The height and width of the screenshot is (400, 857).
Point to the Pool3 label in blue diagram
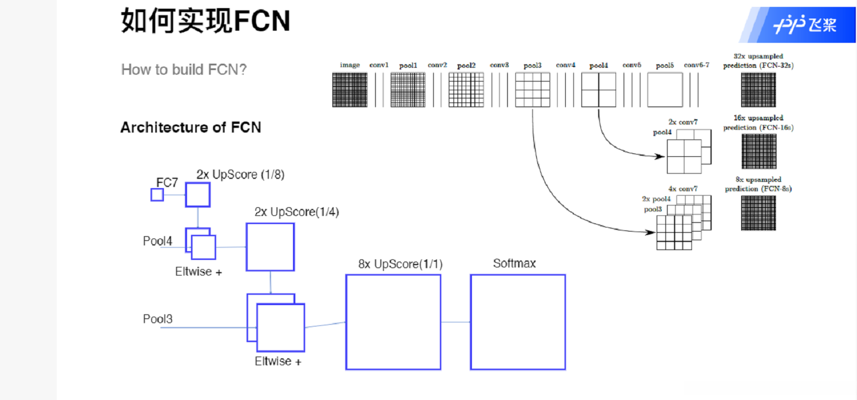tap(158, 319)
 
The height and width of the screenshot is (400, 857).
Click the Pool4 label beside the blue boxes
tap(158, 241)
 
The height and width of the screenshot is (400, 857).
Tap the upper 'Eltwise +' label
tap(199, 271)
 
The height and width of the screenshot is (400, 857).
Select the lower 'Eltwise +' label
tap(278, 361)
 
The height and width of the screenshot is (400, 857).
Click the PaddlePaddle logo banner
tap(798, 24)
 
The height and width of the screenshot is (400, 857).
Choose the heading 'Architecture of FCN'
tap(191, 127)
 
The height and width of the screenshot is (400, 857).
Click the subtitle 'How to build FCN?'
tap(184, 69)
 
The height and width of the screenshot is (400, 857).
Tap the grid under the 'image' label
tap(350, 90)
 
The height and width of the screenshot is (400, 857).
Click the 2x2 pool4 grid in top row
tap(599, 90)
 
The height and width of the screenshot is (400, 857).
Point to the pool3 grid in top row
tap(533, 90)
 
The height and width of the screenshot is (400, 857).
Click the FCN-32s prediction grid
tap(759, 90)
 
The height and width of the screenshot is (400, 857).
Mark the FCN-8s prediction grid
tap(759, 213)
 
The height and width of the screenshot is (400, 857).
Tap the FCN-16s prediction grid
tap(759, 152)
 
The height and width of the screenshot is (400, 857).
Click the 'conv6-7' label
tap(697, 65)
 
